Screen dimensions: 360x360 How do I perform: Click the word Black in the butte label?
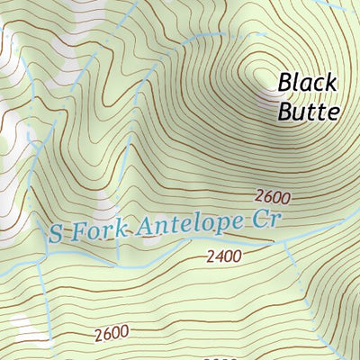pos(307,83)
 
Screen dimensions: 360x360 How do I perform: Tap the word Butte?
pos(309,112)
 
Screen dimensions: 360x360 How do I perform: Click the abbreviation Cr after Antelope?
pos(267,216)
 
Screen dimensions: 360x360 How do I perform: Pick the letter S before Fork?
pos(57,236)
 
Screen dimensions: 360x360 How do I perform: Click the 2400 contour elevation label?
pos(223,256)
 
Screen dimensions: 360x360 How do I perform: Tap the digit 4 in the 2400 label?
pos(218,256)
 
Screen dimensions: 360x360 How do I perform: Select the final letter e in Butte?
pos(334,113)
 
